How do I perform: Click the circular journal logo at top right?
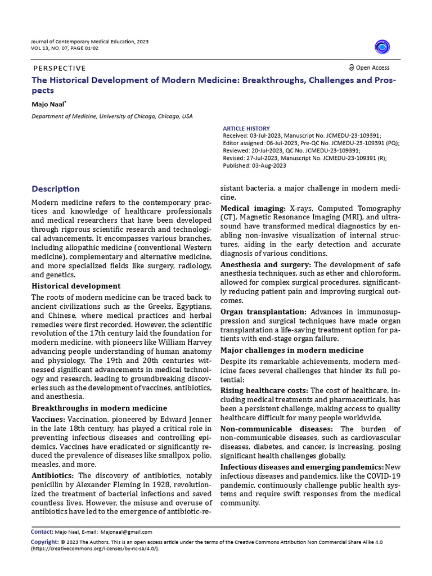point(382,47)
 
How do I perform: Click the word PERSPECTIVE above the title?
point(60,67)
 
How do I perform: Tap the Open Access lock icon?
point(352,67)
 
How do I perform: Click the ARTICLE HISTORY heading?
point(246,128)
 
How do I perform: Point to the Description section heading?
point(56,189)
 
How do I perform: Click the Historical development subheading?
point(76,286)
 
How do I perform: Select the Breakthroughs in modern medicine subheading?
point(99,408)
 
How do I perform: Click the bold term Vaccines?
point(48,420)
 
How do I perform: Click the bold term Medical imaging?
point(253,209)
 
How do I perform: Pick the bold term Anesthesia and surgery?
point(265,264)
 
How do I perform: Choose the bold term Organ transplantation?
point(263,312)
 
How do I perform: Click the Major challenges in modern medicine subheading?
point(292,350)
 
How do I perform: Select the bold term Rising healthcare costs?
point(264,390)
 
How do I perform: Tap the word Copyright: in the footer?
point(44,542)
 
